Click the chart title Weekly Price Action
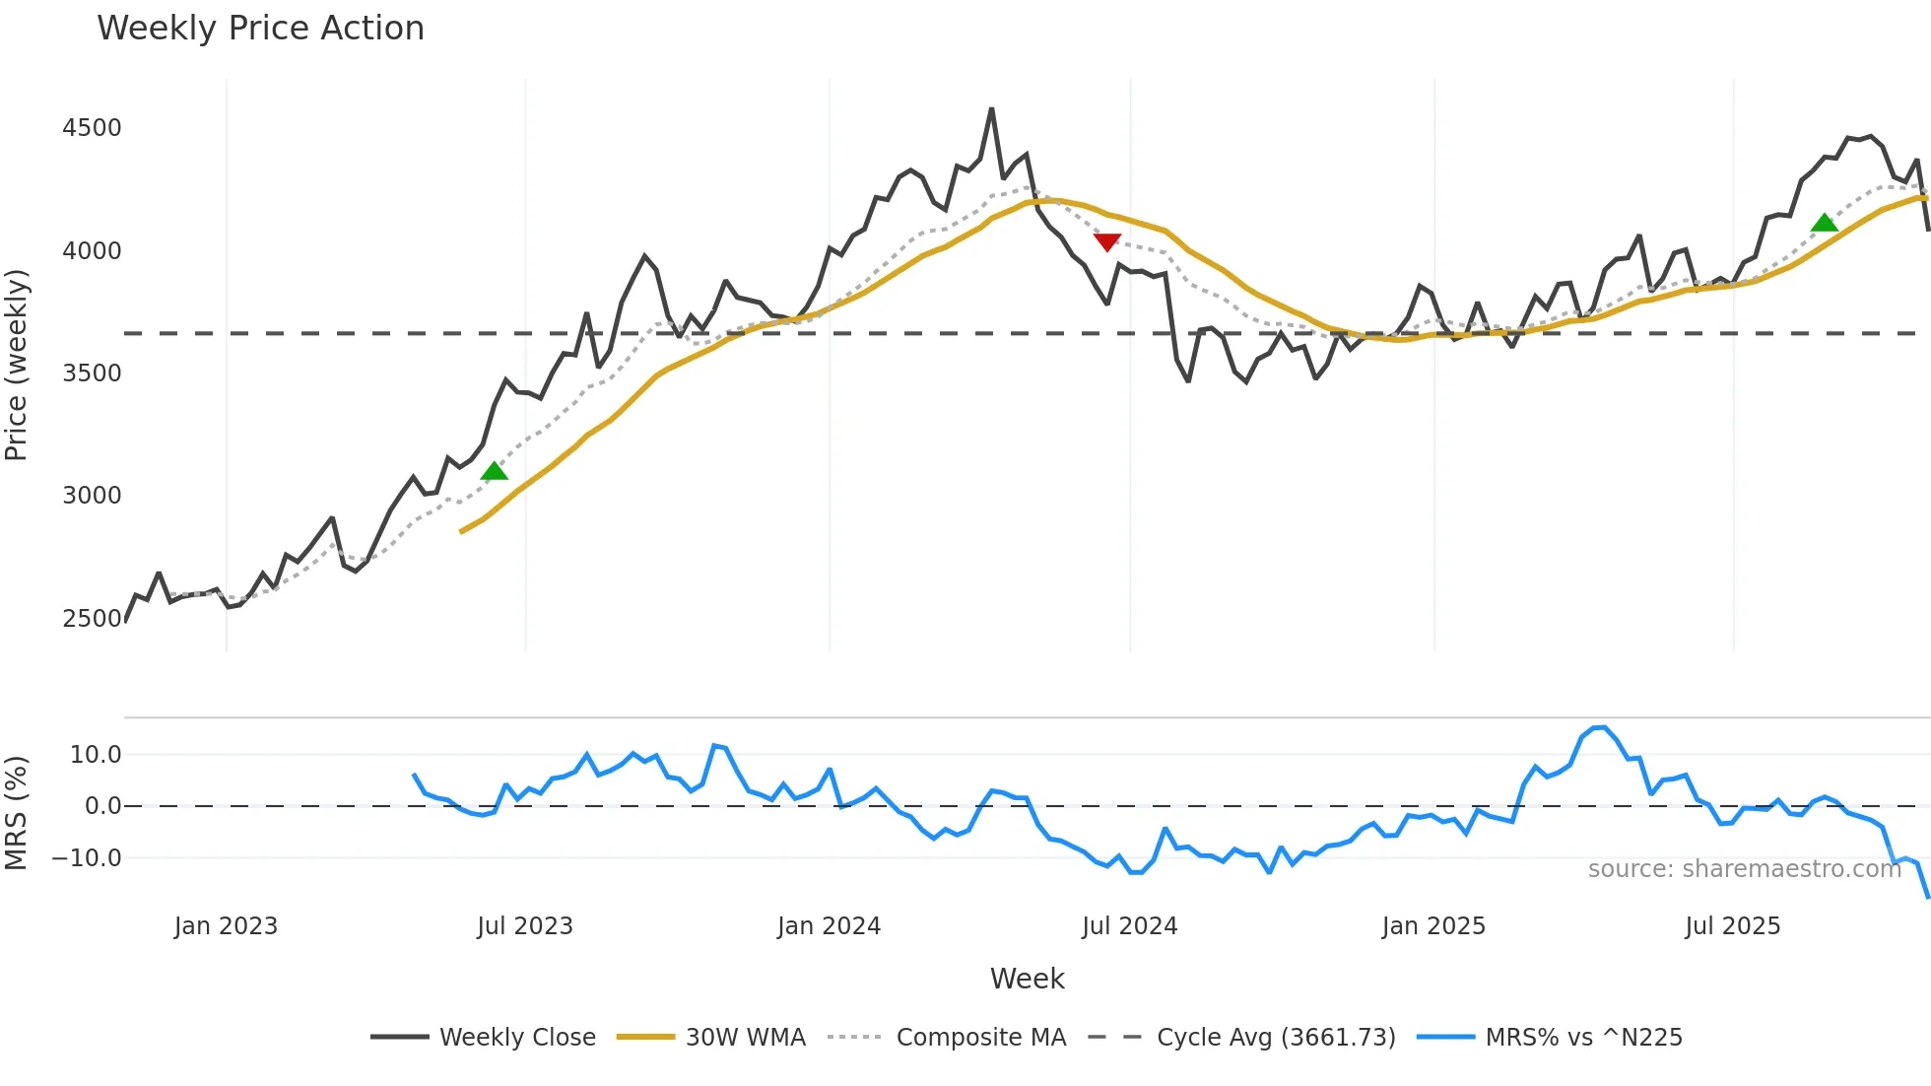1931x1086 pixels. (x=260, y=29)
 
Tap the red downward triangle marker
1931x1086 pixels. (x=1106, y=241)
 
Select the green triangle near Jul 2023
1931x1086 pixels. (x=495, y=471)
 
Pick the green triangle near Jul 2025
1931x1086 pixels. (x=1824, y=223)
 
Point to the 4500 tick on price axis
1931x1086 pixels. (x=92, y=128)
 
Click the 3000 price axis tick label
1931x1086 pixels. (x=92, y=496)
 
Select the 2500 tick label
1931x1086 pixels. (x=92, y=619)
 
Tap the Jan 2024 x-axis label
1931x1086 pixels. (x=829, y=926)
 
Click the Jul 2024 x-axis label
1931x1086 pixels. (x=1129, y=926)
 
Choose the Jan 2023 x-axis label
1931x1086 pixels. (x=226, y=926)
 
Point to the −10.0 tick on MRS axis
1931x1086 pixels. (x=87, y=858)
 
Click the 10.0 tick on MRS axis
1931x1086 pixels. (x=96, y=755)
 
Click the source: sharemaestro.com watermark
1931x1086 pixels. (x=1744, y=869)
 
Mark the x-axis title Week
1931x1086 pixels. (x=1027, y=979)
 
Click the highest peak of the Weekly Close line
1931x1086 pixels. (x=991, y=109)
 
